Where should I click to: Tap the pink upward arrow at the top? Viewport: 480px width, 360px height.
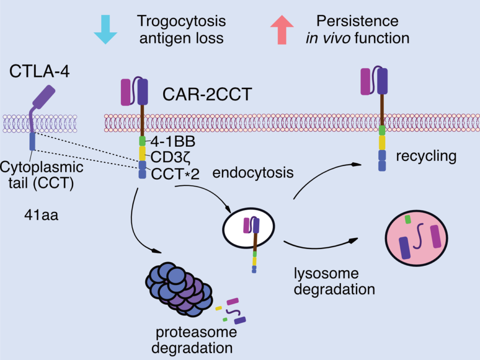tap(282, 29)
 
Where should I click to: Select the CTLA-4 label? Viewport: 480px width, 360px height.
tap(39, 73)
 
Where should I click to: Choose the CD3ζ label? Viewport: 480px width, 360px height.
tap(167, 156)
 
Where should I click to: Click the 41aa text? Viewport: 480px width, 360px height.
tap(41, 216)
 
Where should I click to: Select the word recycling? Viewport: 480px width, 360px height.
tap(426, 156)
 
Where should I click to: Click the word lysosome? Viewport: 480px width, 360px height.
tap(326, 273)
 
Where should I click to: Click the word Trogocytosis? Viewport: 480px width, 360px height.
tap(181, 21)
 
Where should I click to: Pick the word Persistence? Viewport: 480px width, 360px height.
tap(357, 21)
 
